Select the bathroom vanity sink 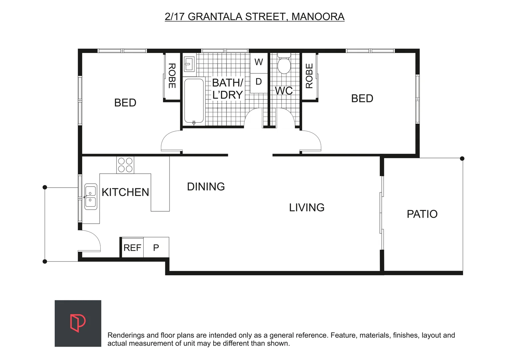pyautogui.click(x=189, y=63)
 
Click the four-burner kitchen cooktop pyautogui.click(x=125, y=165)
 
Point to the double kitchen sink pyautogui.click(x=91, y=197)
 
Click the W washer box pyautogui.click(x=259, y=62)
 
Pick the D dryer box pyautogui.click(x=259, y=82)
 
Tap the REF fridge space pyautogui.click(x=132, y=248)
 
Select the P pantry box pyautogui.click(x=156, y=248)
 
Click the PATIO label pyautogui.click(x=422, y=214)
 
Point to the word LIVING pyautogui.click(x=306, y=208)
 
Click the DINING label pyautogui.click(x=206, y=187)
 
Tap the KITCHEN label pyautogui.click(x=125, y=192)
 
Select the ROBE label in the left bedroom pyautogui.click(x=172, y=76)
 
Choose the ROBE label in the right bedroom pyautogui.click(x=309, y=76)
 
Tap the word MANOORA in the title pyautogui.click(x=318, y=17)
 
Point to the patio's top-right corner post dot pyautogui.click(x=462, y=159)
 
